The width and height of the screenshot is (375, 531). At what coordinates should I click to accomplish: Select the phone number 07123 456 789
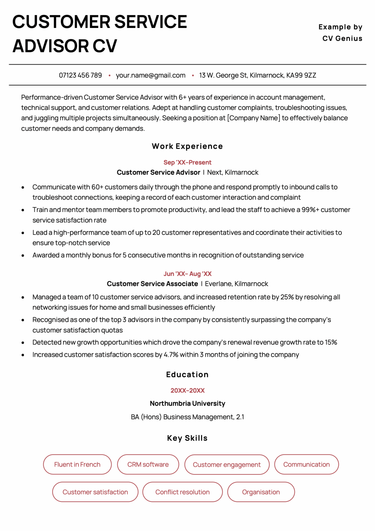(80, 75)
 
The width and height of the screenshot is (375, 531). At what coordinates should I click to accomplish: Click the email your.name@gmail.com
(150, 75)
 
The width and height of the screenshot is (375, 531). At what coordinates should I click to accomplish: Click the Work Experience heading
(187, 146)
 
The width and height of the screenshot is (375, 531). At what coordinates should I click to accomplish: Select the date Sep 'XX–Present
(187, 162)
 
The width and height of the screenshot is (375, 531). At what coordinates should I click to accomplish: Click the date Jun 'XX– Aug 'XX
(187, 273)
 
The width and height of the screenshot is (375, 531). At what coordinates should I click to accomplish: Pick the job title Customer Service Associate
(152, 283)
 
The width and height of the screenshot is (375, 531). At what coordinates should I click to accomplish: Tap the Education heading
(187, 374)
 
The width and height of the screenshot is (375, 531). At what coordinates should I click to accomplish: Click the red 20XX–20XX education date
(187, 390)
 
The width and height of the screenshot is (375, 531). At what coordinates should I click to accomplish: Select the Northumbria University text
(187, 403)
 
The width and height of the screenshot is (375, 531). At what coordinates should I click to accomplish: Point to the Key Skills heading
(187, 438)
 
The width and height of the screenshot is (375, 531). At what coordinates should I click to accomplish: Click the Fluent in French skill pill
(77, 464)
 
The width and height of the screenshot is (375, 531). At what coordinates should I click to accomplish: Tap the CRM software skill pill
(148, 464)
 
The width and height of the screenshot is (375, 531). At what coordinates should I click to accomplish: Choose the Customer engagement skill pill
(226, 464)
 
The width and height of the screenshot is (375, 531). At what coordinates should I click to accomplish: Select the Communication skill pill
(306, 464)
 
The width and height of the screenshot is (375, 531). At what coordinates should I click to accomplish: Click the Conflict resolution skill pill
(182, 492)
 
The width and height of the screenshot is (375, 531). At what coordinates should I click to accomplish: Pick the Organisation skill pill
(261, 492)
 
